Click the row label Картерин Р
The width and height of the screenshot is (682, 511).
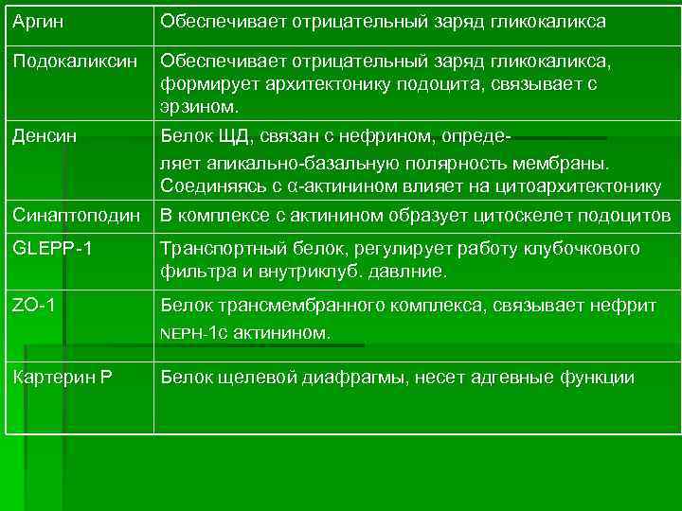pos(63,378)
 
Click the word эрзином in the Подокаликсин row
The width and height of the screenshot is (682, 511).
pos(201,105)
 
